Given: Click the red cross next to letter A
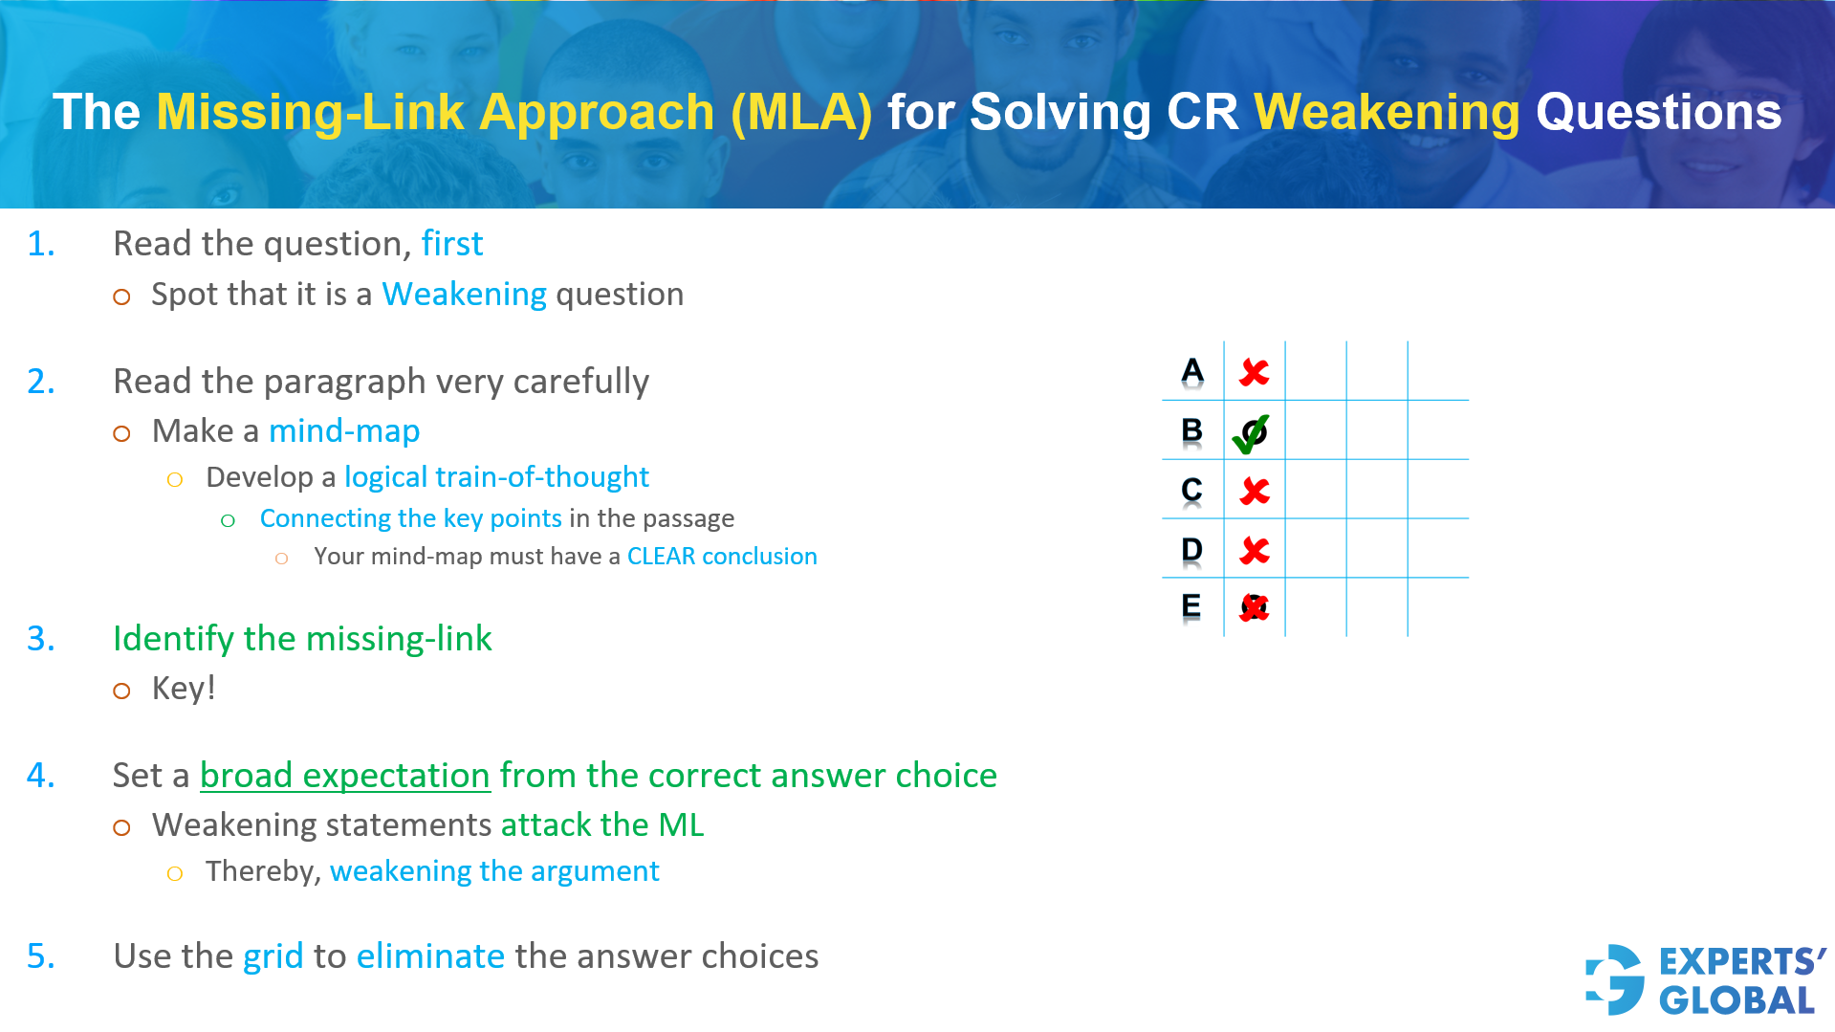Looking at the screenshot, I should pos(1254,372).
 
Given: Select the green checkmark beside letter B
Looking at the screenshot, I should pos(1251,433).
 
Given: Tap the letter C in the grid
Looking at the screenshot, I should pos(1191,490).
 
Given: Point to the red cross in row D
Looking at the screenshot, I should pos(1254,550).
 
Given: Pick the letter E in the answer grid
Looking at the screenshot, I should pos(1191,605).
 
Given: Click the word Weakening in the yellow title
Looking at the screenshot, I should pos(1386,112).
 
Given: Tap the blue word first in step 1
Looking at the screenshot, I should pos(452,244).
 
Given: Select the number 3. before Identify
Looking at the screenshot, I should pos(41,638).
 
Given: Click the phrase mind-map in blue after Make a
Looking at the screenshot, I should pos(344,431).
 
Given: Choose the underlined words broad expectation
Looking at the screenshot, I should pos(344,775).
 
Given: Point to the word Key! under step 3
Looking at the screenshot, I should pos(184,689).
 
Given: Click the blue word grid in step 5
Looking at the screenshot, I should pos(273,956).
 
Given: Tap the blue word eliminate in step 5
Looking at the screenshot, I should pos(430,956).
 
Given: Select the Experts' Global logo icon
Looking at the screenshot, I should pos(1615,979).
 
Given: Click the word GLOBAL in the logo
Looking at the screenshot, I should pos(1736,1000).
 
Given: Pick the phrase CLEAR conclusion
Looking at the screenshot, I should pos(721,557).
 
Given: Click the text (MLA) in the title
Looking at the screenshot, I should pos(801,112).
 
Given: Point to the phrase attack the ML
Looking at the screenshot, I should pos(601,824).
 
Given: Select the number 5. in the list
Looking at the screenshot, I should pos(41,956).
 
